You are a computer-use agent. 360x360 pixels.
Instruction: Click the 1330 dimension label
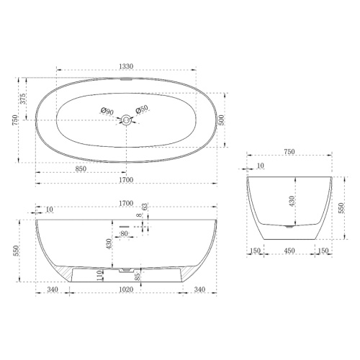tap(126, 66)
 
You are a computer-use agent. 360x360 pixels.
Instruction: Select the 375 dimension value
tap(22, 99)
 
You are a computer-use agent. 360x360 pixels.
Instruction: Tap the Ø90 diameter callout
tap(107, 111)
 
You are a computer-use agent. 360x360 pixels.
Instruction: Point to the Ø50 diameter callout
tap(142, 109)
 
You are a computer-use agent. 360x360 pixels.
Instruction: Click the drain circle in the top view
tap(126, 120)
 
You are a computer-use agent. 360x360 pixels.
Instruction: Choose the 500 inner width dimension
tap(221, 120)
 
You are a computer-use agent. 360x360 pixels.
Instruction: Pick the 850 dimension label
tap(81, 168)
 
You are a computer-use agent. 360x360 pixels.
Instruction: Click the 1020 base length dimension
tap(126, 289)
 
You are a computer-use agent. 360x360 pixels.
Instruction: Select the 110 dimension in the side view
tap(101, 276)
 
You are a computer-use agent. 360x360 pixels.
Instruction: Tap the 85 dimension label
tap(138, 276)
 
